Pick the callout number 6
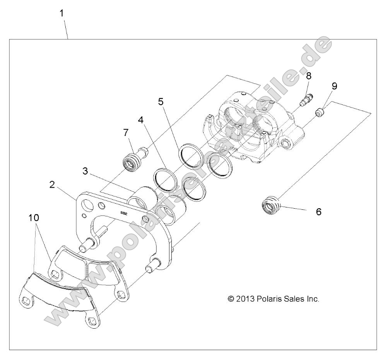coord(318,212)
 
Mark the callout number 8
coord(308,75)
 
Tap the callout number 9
coord(334,86)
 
